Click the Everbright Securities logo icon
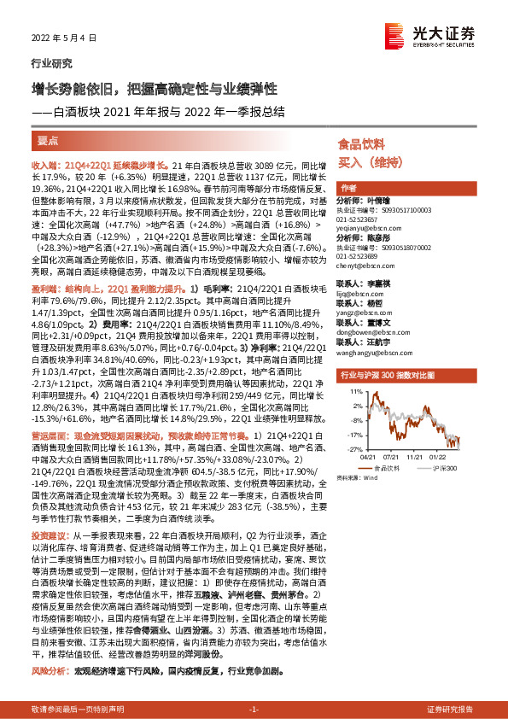[394, 36]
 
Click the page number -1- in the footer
[253, 710]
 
